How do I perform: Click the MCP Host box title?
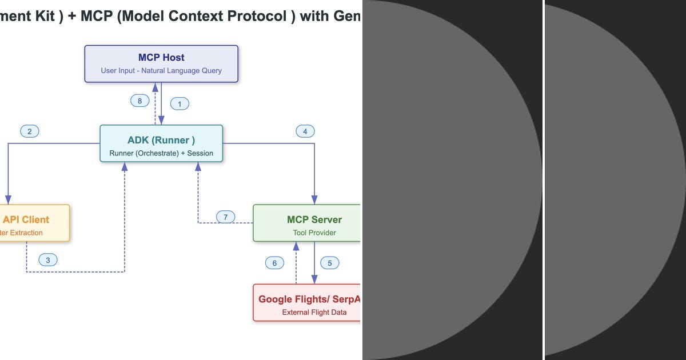(161, 57)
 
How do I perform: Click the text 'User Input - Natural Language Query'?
(161, 71)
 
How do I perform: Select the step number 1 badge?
(180, 104)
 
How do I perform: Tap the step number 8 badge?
(139, 101)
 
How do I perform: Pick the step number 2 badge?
(29, 131)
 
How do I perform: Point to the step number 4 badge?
(305, 131)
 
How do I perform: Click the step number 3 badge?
(48, 260)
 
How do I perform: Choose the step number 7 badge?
(226, 217)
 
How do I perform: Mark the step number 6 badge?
(274, 263)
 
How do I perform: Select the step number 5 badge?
(330, 263)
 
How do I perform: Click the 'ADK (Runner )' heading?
(161, 141)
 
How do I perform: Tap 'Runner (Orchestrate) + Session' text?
(161, 153)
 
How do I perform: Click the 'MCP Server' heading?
(314, 219)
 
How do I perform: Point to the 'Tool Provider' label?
(314, 233)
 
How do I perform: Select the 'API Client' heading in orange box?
(26, 219)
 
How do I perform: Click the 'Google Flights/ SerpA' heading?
(309, 299)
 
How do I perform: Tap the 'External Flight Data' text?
(314, 312)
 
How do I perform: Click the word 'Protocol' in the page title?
(258, 16)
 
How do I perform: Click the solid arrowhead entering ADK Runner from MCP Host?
(161, 121)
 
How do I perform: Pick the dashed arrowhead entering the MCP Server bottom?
(296, 246)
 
